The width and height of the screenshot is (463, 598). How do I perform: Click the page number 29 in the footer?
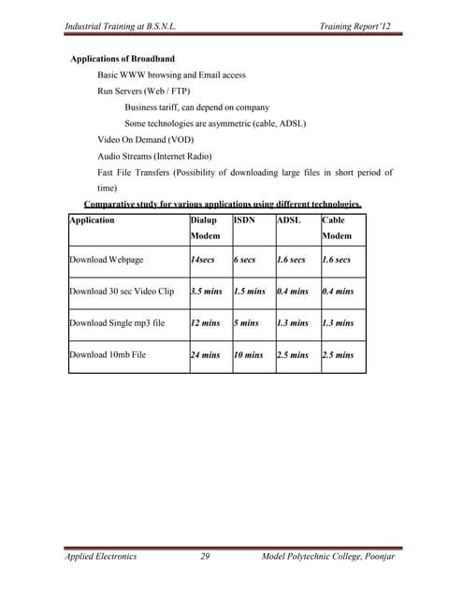(x=205, y=556)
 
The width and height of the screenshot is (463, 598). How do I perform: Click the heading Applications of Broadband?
(x=123, y=59)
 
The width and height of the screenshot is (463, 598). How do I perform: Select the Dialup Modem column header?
(x=204, y=229)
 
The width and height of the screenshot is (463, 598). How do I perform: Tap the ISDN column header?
(x=244, y=221)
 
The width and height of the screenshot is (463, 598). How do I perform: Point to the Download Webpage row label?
(x=107, y=260)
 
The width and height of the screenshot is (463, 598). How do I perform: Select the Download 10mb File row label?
(x=108, y=355)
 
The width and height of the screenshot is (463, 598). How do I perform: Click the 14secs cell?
(x=206, y=260)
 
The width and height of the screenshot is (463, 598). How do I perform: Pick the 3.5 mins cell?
(x=206, y=292)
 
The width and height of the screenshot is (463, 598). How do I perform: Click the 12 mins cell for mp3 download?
(x=205, y=323)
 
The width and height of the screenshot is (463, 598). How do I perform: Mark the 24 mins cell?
(x=205, y=355)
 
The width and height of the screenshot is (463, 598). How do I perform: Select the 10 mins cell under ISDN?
(x=249, y=355)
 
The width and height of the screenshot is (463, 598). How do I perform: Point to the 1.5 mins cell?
(x=251, y=292)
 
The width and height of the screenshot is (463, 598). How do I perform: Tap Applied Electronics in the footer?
(x=101, y=556)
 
